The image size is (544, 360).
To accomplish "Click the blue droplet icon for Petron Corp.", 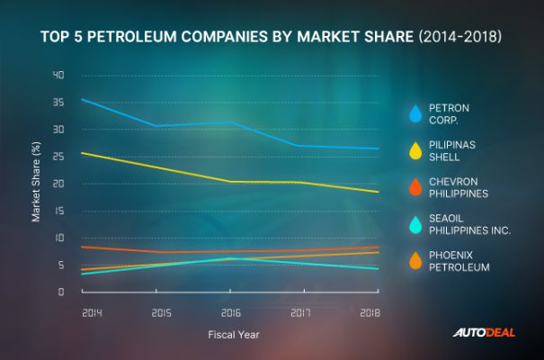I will pos(415,113).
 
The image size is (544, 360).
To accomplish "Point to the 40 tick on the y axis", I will pos(58,75).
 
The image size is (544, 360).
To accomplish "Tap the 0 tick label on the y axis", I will pos(61,292).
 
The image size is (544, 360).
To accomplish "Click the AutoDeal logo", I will pos(483,333).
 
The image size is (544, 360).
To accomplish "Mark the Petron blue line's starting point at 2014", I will pos(82,99).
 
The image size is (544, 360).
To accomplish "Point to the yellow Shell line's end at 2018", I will pos(378,192).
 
